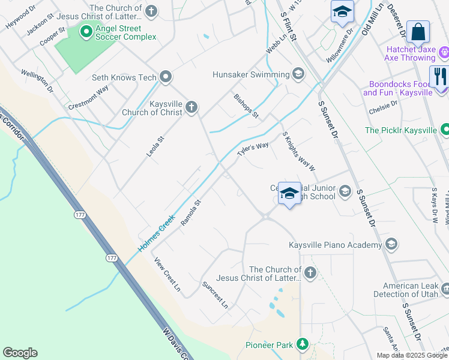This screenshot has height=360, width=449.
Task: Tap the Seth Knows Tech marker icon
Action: point(166,77)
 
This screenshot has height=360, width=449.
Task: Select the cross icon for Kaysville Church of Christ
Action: point(191,107)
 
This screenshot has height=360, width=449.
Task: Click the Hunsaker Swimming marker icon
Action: point(298,74)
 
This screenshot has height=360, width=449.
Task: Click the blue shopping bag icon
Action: point(418,31)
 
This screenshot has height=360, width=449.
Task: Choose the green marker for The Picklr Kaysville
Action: point(445,130)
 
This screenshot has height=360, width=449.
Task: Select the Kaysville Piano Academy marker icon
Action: point(391,244)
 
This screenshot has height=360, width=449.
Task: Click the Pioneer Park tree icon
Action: point(303,344)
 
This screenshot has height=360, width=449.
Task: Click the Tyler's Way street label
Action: point(253,149)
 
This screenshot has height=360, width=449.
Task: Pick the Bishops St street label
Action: point(246,106)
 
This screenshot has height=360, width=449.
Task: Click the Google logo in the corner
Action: point(20,353)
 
